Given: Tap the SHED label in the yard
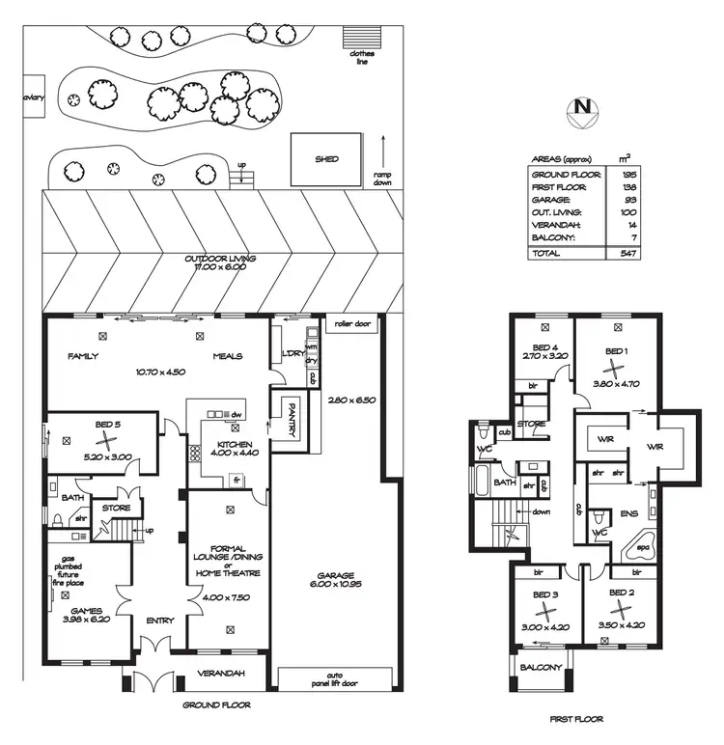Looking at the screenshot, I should point(326,159).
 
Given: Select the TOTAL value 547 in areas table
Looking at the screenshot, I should point(622,253).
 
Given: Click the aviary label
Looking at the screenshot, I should point(11,97).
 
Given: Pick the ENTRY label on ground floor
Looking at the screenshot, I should point(159,621).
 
